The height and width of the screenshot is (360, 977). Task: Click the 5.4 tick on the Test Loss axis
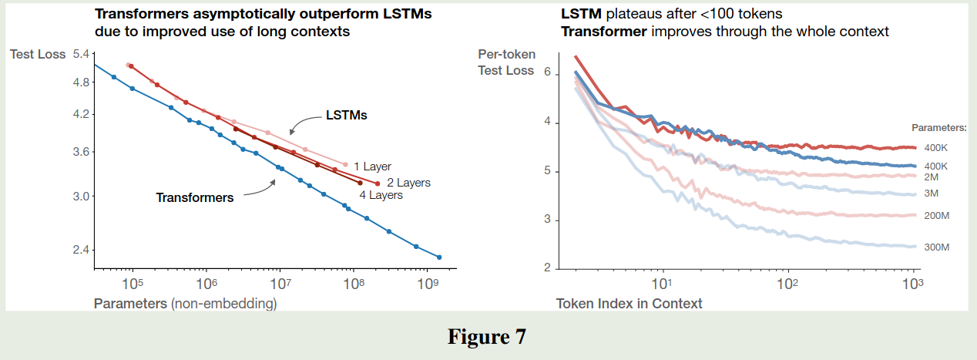click(x=80, y=54)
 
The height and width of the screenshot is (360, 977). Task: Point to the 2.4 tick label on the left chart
click(x=80, y=250)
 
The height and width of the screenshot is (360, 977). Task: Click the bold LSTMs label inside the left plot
click(x=346, y=116)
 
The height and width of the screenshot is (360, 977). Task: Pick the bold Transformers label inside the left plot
click(x=194, y=197)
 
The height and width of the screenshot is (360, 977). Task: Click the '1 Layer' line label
click(x=372, y=167)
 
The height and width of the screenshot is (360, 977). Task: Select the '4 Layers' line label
click(x=381, y=195)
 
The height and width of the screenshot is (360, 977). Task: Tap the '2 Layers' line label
click(x=408, y=183)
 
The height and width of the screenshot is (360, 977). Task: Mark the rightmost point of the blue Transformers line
click(x=439, y=257)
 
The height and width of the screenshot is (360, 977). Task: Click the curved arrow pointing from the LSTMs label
click(x=305, y=124)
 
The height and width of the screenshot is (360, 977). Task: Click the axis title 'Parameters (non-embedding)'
click(x=185, y=304)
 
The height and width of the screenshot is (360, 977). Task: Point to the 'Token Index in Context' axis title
click(x=629, y=304)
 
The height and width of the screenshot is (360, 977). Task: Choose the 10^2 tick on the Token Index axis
click(x=787, y=284)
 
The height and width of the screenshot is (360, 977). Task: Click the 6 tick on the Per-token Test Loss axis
click(x=547, y=72)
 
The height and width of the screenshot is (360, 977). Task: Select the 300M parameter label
click(x=935, y=247)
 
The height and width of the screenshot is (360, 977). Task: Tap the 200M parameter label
click(x=935, y=215)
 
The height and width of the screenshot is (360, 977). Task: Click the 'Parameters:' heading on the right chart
click(x=938, y=127)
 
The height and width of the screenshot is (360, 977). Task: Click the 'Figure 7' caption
click(x=488, y=338)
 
